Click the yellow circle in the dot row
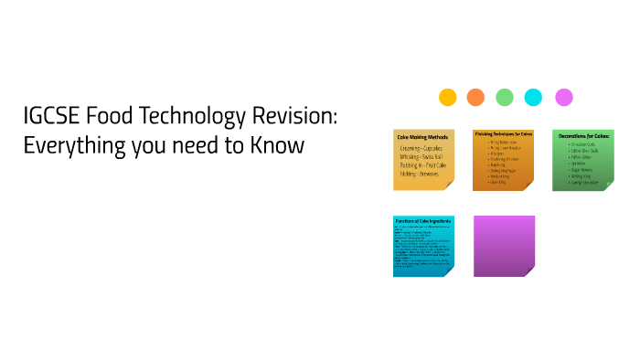(447, 97)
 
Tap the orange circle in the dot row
(475, 97)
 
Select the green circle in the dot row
(505, 97)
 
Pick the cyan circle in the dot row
(533, 97)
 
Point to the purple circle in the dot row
(563, 97)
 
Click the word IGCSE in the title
(54, 117)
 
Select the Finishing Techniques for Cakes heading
(503, 133)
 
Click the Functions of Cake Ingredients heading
(422, 222)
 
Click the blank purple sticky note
(504, 245)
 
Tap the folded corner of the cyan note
(448, 270)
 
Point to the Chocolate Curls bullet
(583, 144)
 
